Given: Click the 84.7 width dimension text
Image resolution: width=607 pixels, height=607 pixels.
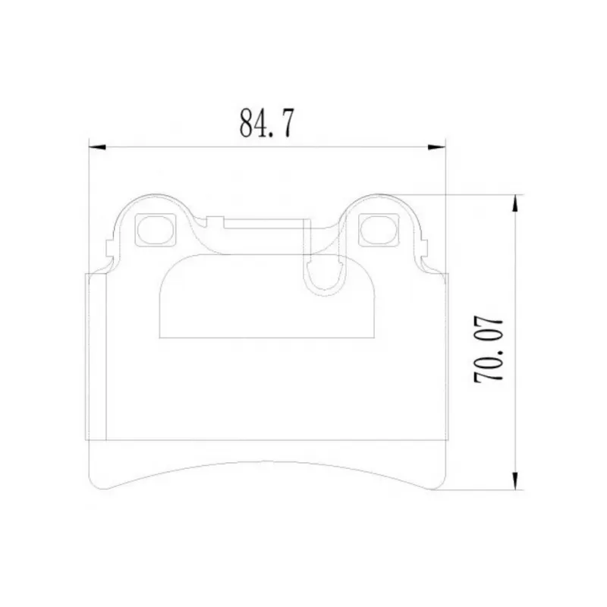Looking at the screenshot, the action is [267, 123].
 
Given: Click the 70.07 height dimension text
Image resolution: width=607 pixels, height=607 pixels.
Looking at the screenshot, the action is [488, 350].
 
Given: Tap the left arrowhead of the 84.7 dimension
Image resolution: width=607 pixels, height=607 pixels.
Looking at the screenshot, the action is [97, 147].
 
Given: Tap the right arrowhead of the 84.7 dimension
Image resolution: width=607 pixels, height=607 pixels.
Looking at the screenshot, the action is [437, 147].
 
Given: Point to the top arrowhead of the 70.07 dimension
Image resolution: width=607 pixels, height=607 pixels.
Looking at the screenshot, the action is [515, 203].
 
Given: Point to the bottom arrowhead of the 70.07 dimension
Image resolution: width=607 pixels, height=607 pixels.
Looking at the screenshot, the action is [515, 481].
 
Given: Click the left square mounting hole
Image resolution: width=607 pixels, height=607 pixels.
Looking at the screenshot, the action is [155, 230].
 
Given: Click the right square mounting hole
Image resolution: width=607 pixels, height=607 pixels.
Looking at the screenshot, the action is [378, 230].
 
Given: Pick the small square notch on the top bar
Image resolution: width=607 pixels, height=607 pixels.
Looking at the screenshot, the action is [215, 222].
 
